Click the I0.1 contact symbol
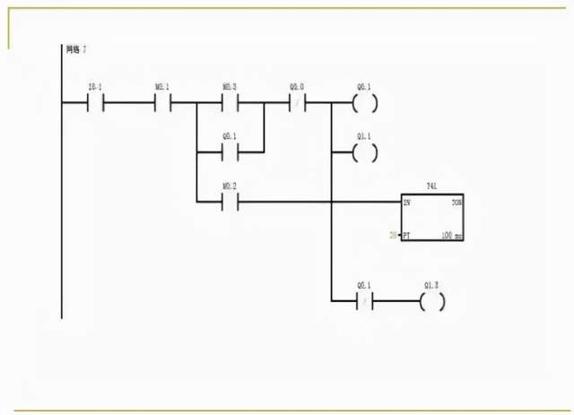click(x=95, y=103)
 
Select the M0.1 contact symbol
click(x=163, y=103)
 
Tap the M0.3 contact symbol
click(x=230, y=103)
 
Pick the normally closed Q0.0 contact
click(x=296, y=103)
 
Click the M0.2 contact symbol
click(x=230, y=201)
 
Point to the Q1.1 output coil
click(x=364, y=152)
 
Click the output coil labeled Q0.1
click(x=364, y=103)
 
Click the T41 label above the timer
click(x=431, y=185)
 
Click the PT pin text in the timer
click(x=407, y=235)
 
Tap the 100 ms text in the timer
click(x=453, y=235)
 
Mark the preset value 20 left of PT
click(x=393, y=235)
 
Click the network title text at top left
click(x=76, y=48)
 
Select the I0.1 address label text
click(x=94, y=87)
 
